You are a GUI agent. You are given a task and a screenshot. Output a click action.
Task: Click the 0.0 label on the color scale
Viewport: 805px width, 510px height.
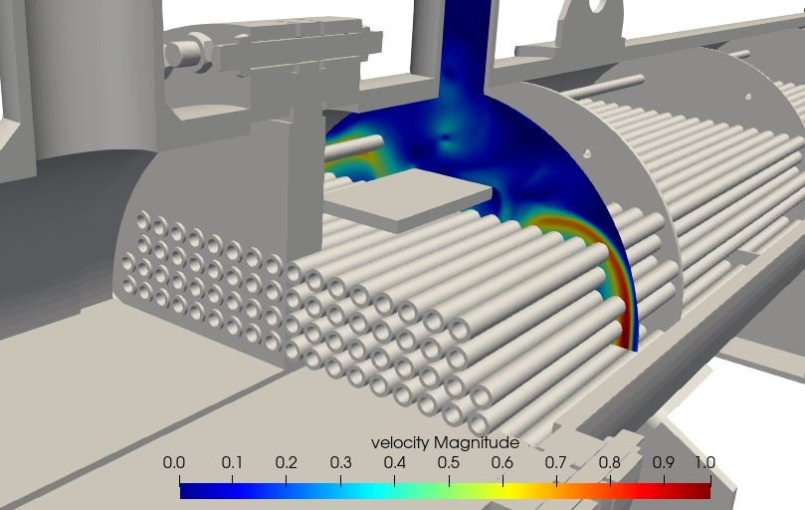(174, 462)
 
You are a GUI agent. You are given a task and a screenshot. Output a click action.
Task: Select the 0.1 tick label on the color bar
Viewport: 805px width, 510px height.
(232, 462)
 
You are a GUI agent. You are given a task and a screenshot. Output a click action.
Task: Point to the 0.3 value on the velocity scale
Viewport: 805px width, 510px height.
(341, 462)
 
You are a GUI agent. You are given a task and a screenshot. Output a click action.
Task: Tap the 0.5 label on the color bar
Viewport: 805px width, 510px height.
(448, 462)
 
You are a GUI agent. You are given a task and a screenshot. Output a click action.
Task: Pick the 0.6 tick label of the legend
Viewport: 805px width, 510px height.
(503, 462)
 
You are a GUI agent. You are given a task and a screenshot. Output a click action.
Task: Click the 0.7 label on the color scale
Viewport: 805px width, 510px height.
(556, 462)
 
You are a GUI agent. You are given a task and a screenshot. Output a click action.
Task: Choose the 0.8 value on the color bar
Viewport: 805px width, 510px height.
(609, 462)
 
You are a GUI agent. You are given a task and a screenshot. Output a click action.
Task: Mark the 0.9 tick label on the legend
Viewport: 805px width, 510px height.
(664, 462)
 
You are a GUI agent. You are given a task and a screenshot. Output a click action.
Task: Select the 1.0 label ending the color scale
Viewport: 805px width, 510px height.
(704, 462)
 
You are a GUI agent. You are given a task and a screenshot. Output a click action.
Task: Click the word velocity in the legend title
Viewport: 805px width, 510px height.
(399, 442)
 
